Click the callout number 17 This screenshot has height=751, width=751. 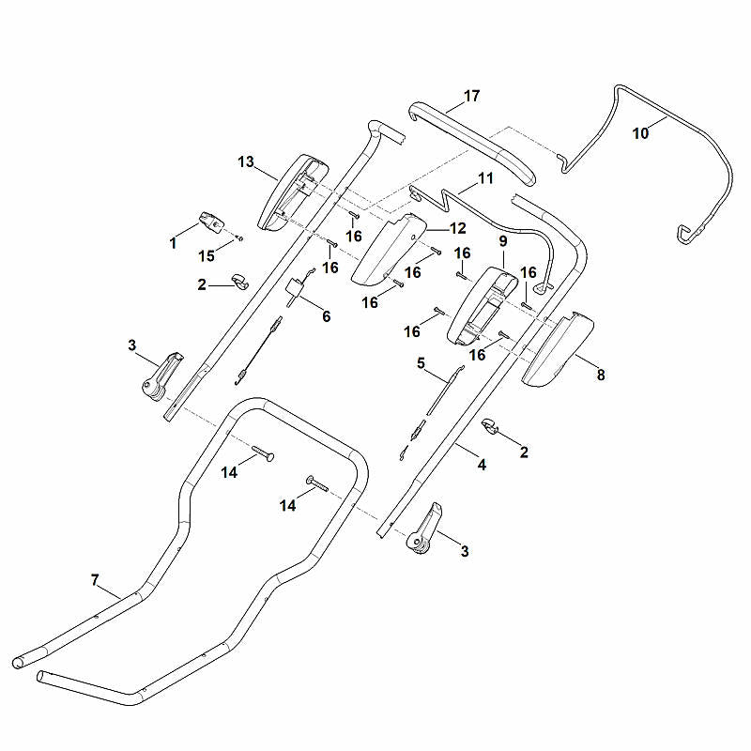[x=471, y=96]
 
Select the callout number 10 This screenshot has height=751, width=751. [x=640, y=133]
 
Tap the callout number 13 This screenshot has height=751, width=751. [x=246, y=161]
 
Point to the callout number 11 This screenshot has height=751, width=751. [x=485, y=178]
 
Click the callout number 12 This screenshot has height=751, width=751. [x=458, y=228]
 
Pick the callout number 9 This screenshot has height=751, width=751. [x=503, y=241]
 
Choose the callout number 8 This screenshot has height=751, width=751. [x=601, y=375]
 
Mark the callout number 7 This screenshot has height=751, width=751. [x=95, y=580]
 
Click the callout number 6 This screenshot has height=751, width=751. [x=326, y=316]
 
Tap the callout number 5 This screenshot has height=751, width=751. [x=421, y=363]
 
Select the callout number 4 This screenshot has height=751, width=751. [x=482, y=465]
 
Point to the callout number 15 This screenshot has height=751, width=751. [x=207, y=256]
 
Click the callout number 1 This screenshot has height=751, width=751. [x=173, y=243]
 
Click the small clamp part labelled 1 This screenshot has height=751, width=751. [x=212, y=222]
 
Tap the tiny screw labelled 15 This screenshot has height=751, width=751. [x=240, y=238]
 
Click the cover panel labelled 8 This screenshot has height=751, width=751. [x=558, y=349]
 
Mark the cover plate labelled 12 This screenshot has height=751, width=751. [x=390, y=249]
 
